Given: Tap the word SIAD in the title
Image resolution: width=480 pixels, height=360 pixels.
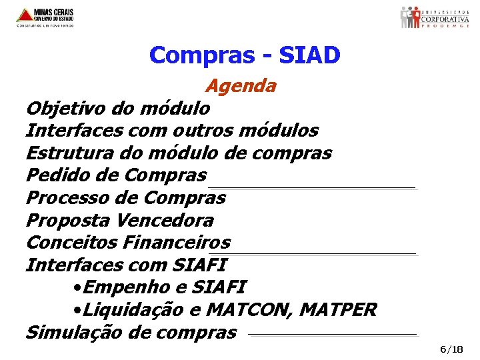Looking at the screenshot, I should point(309,55).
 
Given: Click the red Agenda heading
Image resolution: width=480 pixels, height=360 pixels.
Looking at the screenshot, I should point(241,86).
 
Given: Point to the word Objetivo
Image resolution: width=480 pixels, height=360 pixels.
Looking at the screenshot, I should point(63,108).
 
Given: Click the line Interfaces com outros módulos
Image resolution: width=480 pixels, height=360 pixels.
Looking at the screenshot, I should point(172,131).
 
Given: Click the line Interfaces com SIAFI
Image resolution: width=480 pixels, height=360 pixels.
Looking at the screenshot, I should point(126,265).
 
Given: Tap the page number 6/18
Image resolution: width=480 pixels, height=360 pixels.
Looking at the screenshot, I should point(451,349).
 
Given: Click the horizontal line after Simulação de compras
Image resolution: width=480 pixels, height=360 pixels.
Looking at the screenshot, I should point(332,334).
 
